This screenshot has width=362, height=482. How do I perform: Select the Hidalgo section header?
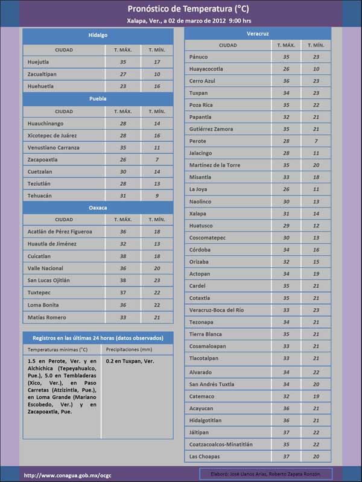point(98,36)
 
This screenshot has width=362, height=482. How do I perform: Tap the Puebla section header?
point(98,98)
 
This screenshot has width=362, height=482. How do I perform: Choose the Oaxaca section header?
point(98,208)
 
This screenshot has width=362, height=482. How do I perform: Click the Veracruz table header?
point(258,33)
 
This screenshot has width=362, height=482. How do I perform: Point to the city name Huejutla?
point(39,62)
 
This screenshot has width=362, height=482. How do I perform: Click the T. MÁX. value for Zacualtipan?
point(123,74)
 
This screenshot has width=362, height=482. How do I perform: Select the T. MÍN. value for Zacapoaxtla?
point(157,160)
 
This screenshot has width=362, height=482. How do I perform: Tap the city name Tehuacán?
point(40,196)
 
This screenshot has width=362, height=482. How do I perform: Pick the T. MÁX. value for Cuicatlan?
point(123,256)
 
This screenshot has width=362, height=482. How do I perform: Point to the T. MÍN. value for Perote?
point(316,141)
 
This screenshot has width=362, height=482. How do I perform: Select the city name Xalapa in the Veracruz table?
point(197,214)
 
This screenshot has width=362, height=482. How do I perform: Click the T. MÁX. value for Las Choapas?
point(286,456)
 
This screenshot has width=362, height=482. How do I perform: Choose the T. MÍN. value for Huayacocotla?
point(316,69)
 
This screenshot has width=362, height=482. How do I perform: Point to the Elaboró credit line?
point(266,474)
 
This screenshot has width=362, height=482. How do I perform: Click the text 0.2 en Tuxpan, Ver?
point(130,361)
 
